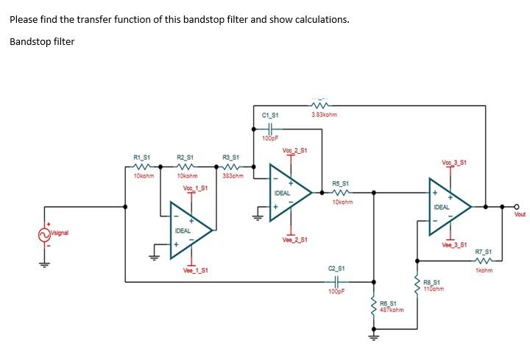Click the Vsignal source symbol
(x=42, y=234)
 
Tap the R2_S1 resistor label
(x=185, y=156)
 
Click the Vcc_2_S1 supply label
(x=294, y=151)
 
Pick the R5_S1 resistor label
(x=342, y=183)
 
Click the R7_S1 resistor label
(x=484, y=251)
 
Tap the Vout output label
(x=520, y=214)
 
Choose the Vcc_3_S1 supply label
(x=453, y=162)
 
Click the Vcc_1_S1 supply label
(x=195, y=188)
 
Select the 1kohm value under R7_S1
(x=483, y=270)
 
